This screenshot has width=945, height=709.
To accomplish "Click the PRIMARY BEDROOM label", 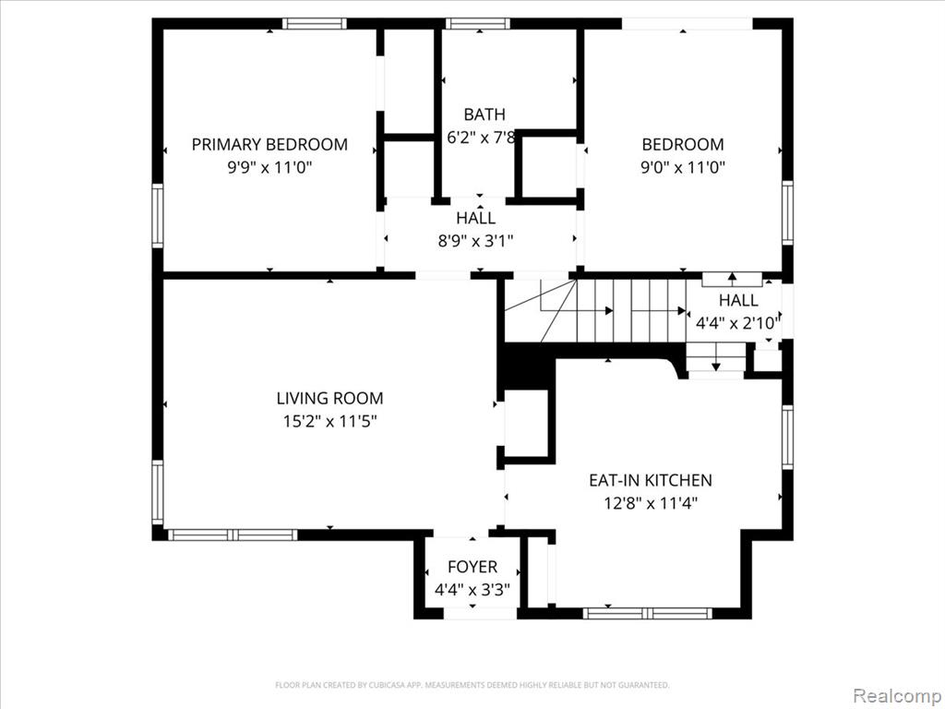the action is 269,145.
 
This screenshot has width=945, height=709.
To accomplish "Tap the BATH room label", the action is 484,114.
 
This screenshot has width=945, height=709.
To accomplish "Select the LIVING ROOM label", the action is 329,399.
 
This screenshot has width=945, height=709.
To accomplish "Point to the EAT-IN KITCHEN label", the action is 651,480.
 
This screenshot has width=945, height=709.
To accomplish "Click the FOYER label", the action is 472,568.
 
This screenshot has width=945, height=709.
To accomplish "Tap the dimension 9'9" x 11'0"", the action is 269,167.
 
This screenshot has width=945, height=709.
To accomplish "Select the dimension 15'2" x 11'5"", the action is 329,421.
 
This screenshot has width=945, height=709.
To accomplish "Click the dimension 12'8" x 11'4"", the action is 651,503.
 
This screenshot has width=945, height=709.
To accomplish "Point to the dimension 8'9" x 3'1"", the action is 475,241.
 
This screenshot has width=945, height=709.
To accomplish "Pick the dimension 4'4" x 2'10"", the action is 738,324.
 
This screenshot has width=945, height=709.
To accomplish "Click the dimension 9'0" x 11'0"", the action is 682,167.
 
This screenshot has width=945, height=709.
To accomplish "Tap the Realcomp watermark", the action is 897,696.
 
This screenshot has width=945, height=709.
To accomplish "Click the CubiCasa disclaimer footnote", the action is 472,686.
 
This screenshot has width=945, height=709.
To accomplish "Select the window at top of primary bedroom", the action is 315,23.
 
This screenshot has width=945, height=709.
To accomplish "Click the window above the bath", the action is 478,23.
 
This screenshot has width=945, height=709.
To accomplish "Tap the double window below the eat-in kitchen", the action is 647,614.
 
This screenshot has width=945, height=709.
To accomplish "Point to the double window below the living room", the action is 233,535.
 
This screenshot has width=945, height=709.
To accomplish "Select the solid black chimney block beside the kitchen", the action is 524,366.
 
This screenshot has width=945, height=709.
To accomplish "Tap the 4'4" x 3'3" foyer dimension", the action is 472,590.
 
